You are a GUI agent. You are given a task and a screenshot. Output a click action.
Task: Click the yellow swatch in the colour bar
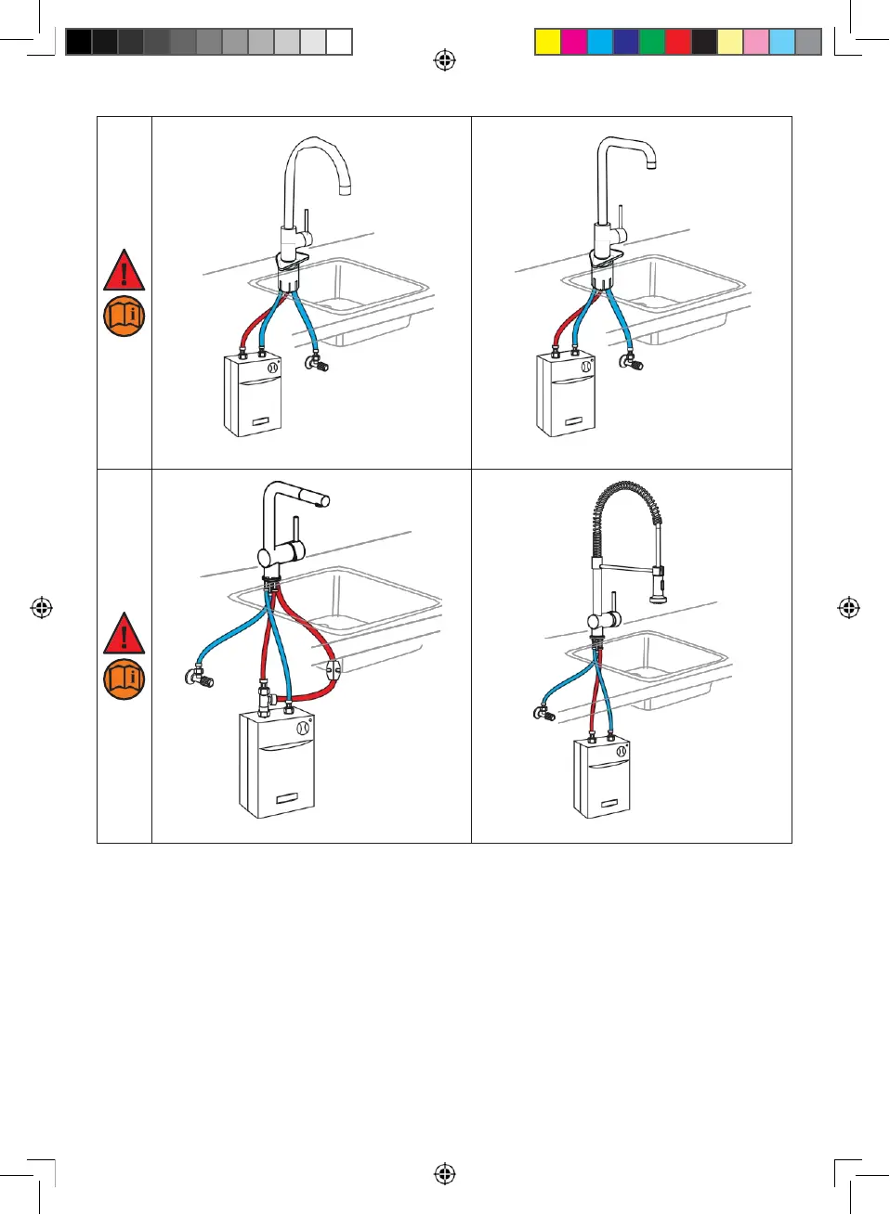pyautogui.click(x=548, y=42)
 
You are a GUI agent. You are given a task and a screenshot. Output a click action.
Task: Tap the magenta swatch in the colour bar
pyautogui.click(x=574, y=42)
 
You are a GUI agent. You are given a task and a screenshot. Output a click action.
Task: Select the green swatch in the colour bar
pyautogui.click(x=652, y=42)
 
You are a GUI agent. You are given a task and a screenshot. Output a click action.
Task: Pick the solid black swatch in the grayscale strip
pyautogui.click(x=79, y=42)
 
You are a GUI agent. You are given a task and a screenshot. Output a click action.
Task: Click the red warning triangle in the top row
pyautogui.click(x=124, y=270)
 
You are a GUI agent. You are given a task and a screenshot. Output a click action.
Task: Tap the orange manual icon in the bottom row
pyautogui.click(x=124, y=679)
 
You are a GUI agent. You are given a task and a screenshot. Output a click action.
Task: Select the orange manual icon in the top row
pyautogui.click(x=124, y=317)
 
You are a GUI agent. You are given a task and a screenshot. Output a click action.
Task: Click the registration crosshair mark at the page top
pyautogui.click(x=445, y=60)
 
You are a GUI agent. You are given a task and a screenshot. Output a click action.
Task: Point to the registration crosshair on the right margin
pyautogui.click(x=848, y=608)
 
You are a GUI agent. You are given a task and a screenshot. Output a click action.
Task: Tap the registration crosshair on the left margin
pyautogui.click(x=41, y=608)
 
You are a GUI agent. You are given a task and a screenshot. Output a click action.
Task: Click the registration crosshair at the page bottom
pyautogui.click(x=445, y=1174)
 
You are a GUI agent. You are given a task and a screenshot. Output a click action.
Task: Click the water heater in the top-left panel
pyautogui.click(x=252, y=396)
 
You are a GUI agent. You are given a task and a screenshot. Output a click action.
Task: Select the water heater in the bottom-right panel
pyautogui.click(x=602, y=778)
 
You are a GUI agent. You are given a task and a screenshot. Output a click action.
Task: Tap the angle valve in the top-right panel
pyautogui.click(x=634, y=362)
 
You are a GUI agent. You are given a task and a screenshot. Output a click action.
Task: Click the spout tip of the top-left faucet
pyautogui.click(x=345, y=190)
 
